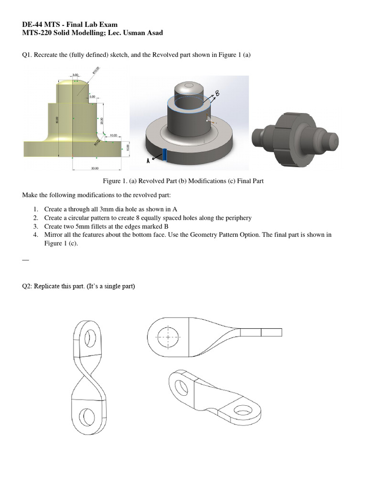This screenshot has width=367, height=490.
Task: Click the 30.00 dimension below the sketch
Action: (x=95, y=168)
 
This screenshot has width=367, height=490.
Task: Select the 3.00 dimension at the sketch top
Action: (x=75, y=75)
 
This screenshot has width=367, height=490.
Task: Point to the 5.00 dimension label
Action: (x=93, y=97)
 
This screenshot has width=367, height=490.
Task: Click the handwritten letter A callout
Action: (x=148, y=161)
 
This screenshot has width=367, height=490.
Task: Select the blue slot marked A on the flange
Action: (x=164, y=155)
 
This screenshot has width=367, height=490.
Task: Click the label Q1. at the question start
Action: (x=28, y=55)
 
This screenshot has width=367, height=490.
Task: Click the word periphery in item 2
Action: (x=238, y=218)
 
